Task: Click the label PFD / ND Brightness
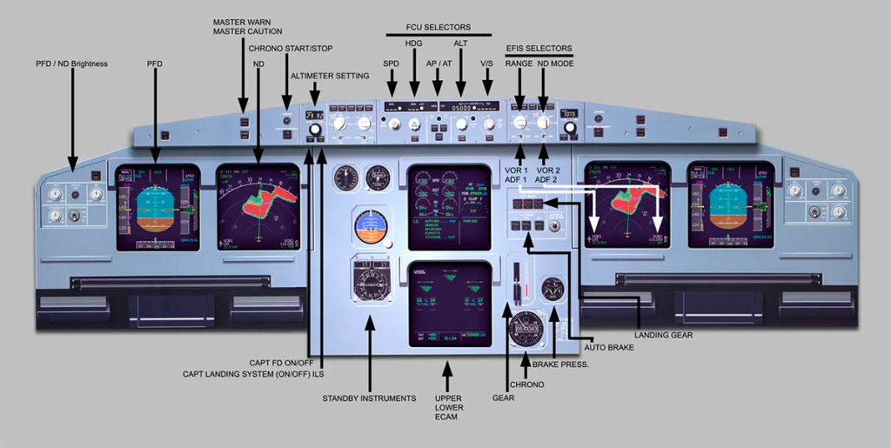coord(71,64)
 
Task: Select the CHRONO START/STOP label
coord(290,48)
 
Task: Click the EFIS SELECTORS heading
coord(539,48)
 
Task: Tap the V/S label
coord(487,64)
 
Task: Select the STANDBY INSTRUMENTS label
coord(369,398)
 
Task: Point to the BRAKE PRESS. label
coord(566,364)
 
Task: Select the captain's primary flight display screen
coord(157,205)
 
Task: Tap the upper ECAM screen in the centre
coord(448,206)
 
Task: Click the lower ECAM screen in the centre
coord(448,302)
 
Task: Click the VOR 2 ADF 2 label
coord(547,175)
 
